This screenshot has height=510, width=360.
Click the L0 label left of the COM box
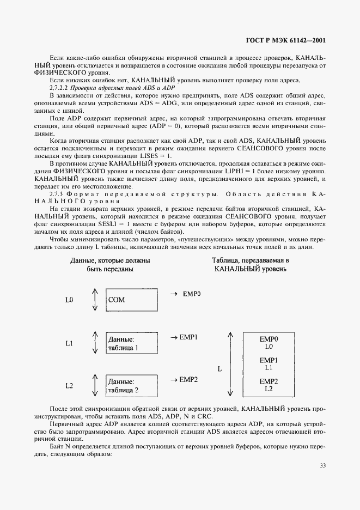[69, 300]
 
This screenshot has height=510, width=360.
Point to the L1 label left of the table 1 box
[69, 344]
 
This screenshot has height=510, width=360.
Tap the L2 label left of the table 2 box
[69, 386]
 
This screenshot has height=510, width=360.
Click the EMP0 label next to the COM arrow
[191, 294]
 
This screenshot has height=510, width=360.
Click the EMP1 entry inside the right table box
[269, 361]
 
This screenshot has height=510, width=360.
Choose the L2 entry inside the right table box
[269, 388]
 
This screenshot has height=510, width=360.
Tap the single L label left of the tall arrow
[219, 369]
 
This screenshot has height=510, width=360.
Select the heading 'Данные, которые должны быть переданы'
[110, 265]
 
